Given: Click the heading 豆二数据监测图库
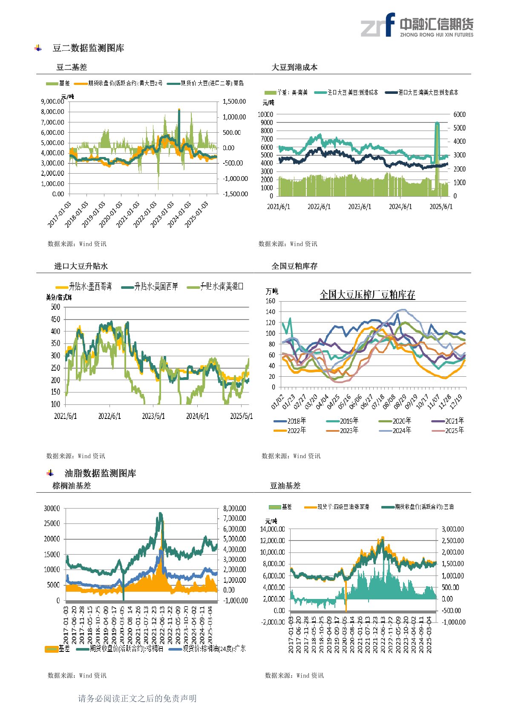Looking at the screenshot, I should click(88, 48).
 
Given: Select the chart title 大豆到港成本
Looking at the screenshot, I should click(294, 67).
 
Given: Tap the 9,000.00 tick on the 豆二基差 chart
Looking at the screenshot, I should click(52, 102).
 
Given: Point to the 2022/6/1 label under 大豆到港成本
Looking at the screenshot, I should click(319, 206).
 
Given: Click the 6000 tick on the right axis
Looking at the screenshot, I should click(459, 114).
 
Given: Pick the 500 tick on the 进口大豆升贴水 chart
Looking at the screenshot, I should click(55, 307).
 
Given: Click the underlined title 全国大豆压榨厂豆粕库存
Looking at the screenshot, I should click(367, 295).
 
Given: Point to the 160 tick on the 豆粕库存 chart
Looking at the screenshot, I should click(271, 301).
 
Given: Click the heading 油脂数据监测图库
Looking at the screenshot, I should click(100, 473).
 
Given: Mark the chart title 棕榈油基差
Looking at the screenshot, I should click(72, 485).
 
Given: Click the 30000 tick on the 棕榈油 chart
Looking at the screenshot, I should click(52, 509).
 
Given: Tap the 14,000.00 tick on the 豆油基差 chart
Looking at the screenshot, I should click(272, 529).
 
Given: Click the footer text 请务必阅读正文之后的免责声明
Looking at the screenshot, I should click(137, 698).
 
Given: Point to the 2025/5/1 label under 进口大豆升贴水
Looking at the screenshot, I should click(241, 416).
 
